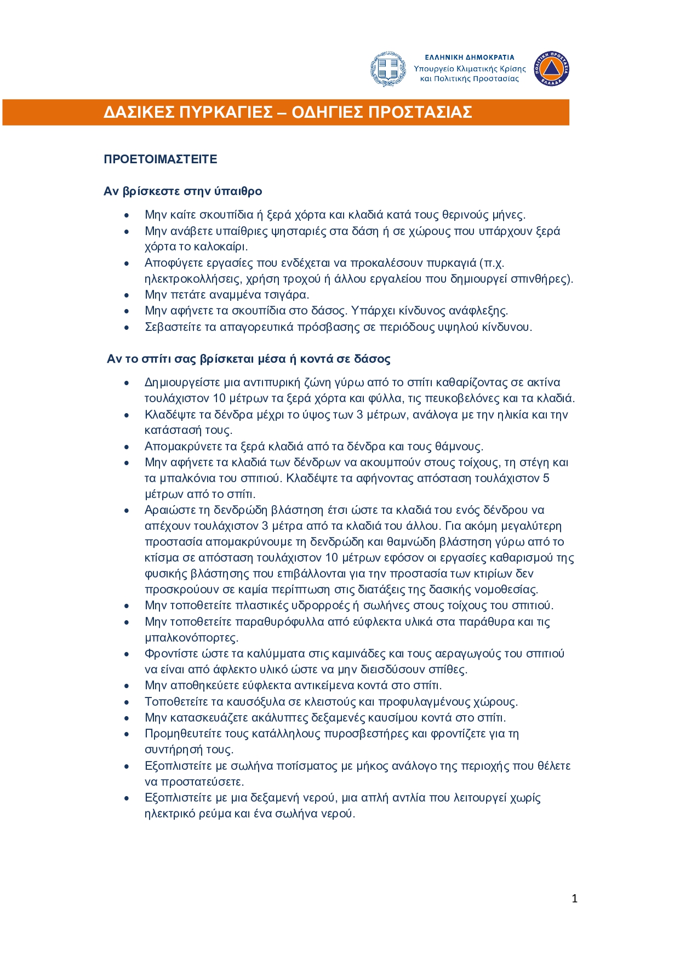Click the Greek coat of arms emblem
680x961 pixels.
click(388, 69)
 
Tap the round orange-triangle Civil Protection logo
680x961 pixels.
click(552, 69)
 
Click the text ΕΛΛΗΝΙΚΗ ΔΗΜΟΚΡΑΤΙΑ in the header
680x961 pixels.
click(470, 57)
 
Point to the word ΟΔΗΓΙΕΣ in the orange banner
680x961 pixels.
click(327, 112)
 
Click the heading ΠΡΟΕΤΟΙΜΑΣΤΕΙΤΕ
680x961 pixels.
click(161, 159)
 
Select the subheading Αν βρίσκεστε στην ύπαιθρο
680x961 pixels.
click(183, 191)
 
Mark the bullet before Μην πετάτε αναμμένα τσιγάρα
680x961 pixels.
click(127, 295)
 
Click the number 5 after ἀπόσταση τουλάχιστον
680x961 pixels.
click(546, 478)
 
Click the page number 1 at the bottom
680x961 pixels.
click(574, 899)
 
